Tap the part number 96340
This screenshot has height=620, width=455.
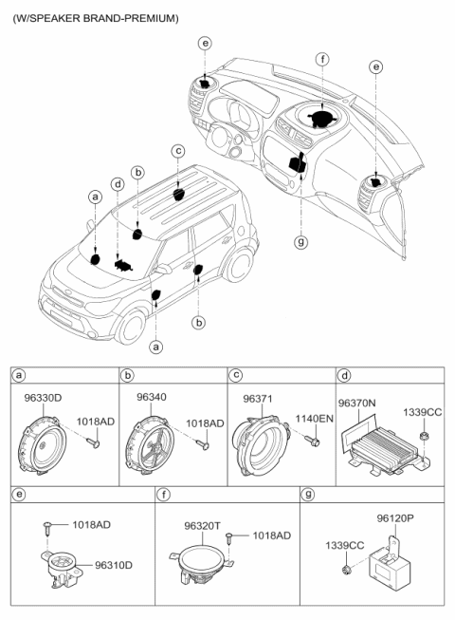(151, 397)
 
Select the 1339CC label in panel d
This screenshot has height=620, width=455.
(422, 412)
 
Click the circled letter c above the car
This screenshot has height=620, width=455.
(177, 151)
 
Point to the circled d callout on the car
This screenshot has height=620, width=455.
(118, 183)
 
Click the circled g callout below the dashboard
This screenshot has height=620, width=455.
(300, 241)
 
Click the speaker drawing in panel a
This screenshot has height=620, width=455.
(45, 444)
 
